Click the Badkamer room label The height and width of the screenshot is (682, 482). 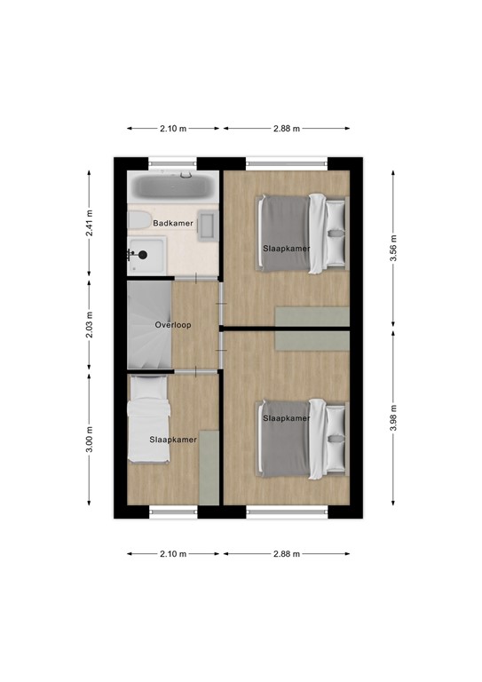[173, 223]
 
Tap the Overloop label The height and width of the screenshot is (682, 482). [173, 325]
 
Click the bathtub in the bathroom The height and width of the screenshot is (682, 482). [172, 186]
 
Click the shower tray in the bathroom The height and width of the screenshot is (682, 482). [147, 255]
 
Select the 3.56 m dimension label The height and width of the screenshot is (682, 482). [394, 243]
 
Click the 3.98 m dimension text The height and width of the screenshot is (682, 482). [394, 416]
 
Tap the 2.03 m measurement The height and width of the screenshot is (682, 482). [89, 325]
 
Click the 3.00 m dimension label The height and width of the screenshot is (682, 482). [89, 439]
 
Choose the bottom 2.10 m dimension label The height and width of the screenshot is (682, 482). [173, 554]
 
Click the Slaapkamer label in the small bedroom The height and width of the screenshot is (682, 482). [172, 440]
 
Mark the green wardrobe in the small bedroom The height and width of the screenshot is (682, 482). [209, 467]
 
